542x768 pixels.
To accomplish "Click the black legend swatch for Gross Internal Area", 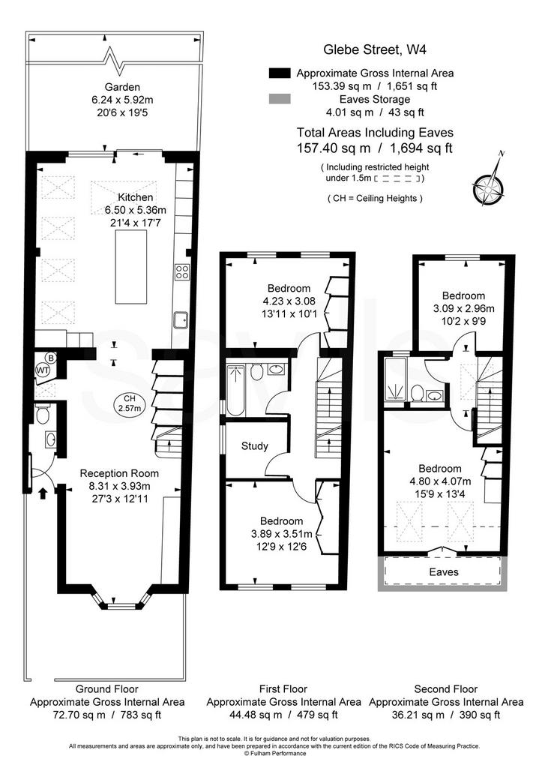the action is tap(280, 73).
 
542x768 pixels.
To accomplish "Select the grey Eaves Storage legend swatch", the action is tap(280, 99).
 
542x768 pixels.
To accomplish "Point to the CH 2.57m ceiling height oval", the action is tap(129, 403).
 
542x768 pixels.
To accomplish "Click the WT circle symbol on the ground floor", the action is tap(43, 370).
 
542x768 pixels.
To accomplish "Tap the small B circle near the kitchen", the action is tap(51, 358).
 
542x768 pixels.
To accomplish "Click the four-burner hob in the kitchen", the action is tap(183, 271).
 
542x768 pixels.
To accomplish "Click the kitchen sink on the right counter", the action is tap(181, 319).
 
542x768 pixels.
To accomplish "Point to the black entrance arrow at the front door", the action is tap(43, 493).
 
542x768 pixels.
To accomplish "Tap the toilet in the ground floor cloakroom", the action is tap(43, 415).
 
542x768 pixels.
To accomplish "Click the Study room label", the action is tap(255, 446).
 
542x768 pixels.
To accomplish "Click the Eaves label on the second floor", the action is tap(444, 572).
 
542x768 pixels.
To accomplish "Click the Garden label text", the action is tap(122, 87).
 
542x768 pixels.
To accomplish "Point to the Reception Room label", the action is tap(119, 474).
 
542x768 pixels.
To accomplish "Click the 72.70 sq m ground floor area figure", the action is tap(79, 715).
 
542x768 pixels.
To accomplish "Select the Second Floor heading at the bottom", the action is tap(445, 689).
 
